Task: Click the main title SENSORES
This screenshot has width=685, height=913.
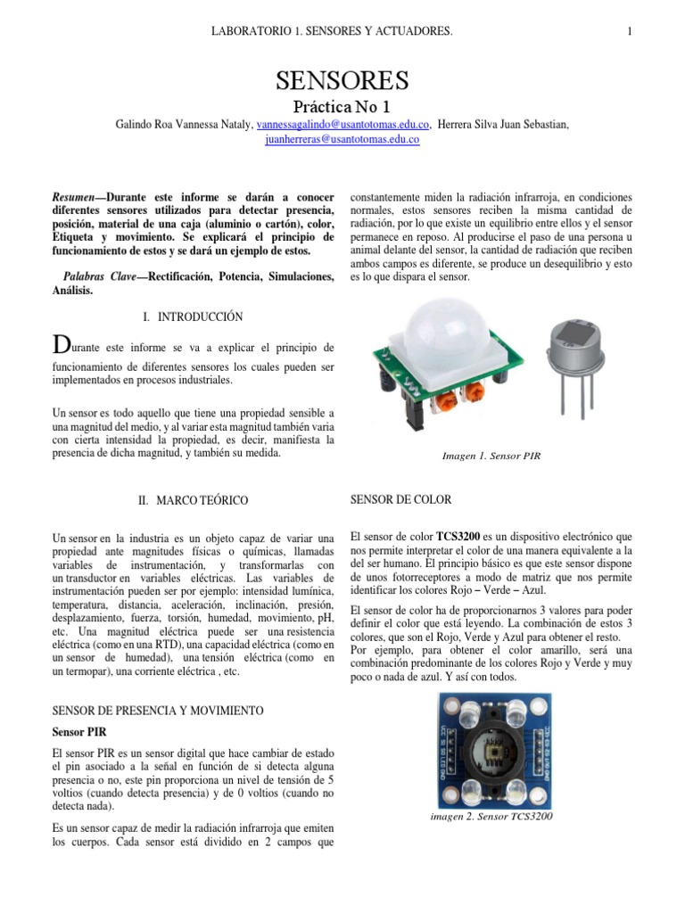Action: click(x=342, y=81)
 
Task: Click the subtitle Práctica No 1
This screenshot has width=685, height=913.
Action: click(x=342, y=108)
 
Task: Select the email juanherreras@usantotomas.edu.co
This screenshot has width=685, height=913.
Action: click(x=342, y=140)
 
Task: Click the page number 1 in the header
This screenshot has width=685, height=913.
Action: click(x=630, y=32)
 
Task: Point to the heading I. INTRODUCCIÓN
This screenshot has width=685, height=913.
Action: click(x=193, y=317)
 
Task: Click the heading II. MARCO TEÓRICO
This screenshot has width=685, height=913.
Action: click(x=194, y=501)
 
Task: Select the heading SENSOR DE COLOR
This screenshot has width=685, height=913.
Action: click(x=401, y=499)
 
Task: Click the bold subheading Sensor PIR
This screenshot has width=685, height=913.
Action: click(x=79, y=731)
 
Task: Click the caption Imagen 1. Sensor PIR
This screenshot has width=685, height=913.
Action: click(x=491, y=456)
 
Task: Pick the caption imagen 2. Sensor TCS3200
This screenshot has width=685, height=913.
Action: click(x=491, y=817)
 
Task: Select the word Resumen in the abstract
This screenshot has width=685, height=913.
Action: click(x=75, y=196)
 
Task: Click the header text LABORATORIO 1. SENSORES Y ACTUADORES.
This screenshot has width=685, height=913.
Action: click(x=332, y=32)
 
